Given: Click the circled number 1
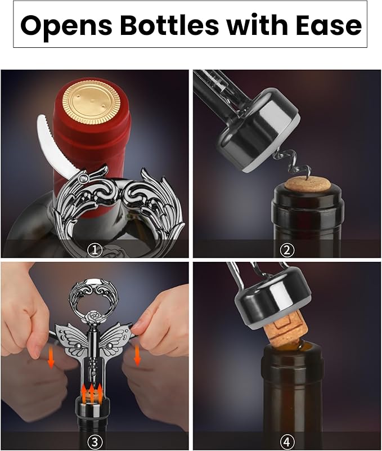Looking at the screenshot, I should click(x=96, y=248).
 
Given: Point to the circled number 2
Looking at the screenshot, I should click(x=287, y=248).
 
